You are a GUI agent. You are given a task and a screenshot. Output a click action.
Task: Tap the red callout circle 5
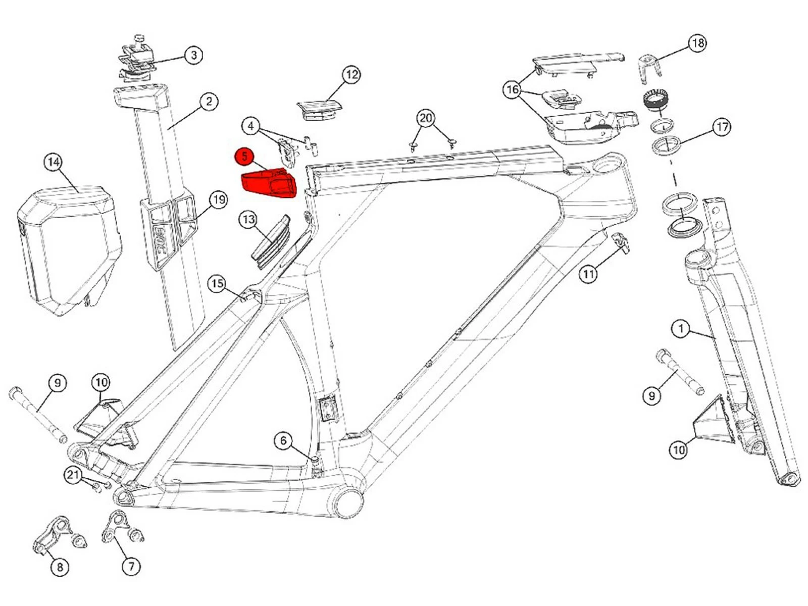pos(245,156)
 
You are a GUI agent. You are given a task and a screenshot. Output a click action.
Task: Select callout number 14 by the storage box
pos(53,163)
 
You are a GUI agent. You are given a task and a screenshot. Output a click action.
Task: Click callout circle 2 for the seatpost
pos(209,102)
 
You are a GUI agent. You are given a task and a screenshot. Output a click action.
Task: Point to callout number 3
pos(193,55)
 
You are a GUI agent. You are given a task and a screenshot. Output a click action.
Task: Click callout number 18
pos(697,43)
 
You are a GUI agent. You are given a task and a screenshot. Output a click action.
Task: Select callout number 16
pos(513,90)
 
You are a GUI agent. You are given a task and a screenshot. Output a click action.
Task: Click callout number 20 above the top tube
pos(426,118)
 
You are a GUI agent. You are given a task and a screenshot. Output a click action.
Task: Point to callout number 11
pos(588,274)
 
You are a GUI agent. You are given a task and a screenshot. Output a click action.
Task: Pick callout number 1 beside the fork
pos(681,329)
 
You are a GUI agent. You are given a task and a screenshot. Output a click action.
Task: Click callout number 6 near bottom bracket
pos(283,441)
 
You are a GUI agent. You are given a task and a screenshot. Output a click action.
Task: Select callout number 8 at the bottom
pos(60,567)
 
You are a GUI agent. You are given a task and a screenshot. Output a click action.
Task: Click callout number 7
pos(131,567)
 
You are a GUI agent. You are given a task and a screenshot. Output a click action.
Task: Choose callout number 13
pos(248,220)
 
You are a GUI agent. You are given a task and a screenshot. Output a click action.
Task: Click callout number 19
pos(218,200)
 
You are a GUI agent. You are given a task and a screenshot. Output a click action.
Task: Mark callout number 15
pos(217,284)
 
